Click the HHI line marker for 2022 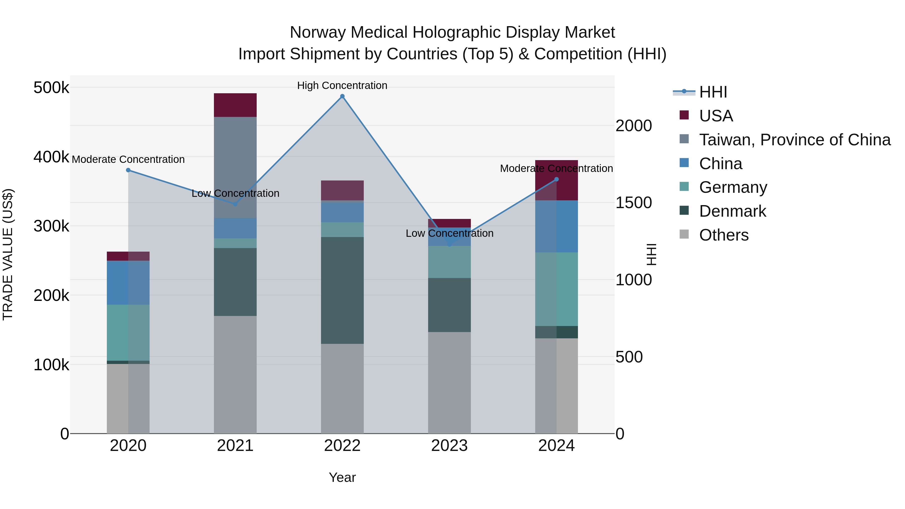pyautogui.click(x=342, y=96)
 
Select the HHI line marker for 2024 pyautogui.click(x=557, y=179)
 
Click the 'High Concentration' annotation pyautogui.click(x=342, y=86)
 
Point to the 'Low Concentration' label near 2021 pyautogui.click(x=235, y=194)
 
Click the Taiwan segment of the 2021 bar pyautogui.click(x=235, y=167)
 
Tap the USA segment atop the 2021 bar pyautogui.click(x=235, y=105)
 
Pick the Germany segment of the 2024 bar pyautogui.click(x=557, y=289)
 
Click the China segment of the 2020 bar pyautogui.click(x=128, y=283)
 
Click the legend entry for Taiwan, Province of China pyautogui.click(x=795, y=140)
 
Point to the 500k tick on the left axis pyautogui.click(x=51, y=87)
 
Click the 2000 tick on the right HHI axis pyautogui.click(x=634, y=126)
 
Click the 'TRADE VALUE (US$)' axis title pyautogui.click(x=8, y=254)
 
